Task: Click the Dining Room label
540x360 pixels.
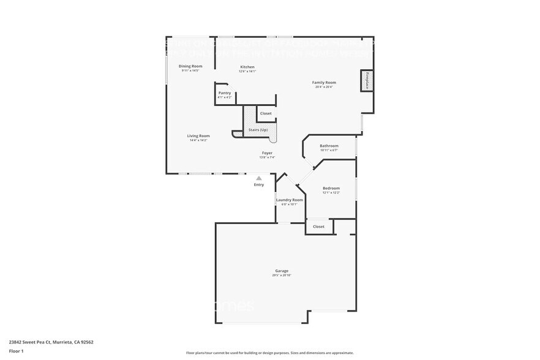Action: [x=190, y=66]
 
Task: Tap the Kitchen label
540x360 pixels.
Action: [x=247, y=67]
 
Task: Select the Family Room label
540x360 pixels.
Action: [x=324, y=83]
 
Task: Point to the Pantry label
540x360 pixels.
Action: [x=225, y=93]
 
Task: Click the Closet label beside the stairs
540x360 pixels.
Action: [x=266, y=113]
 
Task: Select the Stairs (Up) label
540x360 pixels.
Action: [x=258, y=130]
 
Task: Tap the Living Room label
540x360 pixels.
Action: [x=198, y=136]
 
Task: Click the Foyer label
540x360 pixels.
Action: [x=267, y=153]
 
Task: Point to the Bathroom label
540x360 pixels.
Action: [x=329, y=146]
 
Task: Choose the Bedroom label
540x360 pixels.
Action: [x=331, y=188]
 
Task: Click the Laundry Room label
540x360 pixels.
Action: [x=289, y=200]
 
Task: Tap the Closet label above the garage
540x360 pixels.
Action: [x=319, y=227]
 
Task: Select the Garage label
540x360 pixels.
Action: [x=282, y=271]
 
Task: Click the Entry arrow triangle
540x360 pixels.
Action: [x=259, y=178]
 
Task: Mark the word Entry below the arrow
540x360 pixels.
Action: [x=259, y=184]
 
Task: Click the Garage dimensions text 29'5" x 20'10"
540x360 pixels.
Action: [x=282, y=276]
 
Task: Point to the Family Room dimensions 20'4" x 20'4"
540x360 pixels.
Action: [x=324, y=87]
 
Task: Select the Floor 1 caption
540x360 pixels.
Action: [x=16, y=351]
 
